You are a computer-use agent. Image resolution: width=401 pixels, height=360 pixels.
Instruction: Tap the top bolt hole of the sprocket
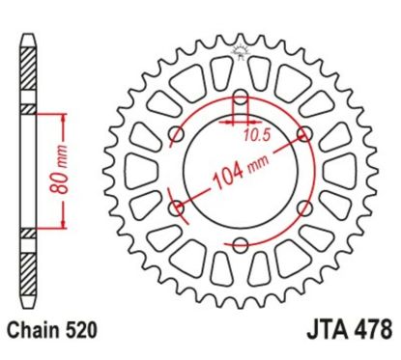(239, 97)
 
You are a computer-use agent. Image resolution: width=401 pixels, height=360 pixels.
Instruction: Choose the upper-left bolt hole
(176, 134)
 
